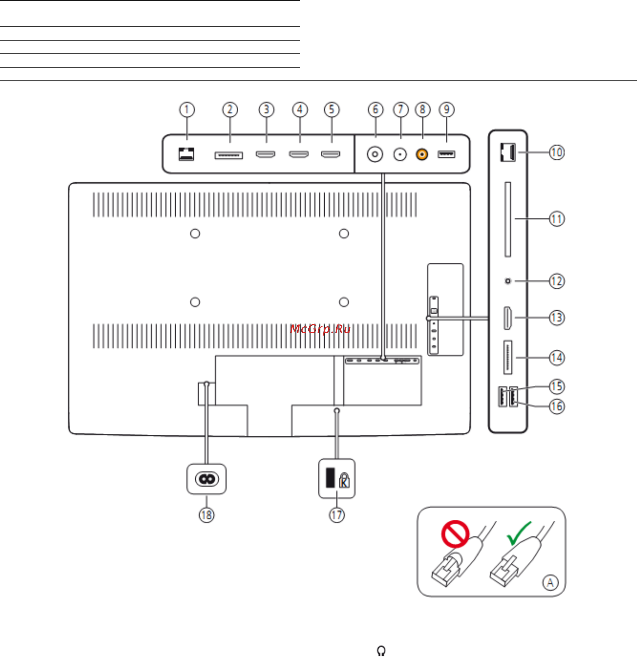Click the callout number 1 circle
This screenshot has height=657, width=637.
[187, 110]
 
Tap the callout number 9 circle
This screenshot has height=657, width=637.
[447, 110]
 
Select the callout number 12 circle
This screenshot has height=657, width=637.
[557, 281]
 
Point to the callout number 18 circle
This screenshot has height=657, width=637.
[206, 515]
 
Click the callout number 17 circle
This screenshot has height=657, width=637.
[337, 515]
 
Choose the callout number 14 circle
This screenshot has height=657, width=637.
[557, 358]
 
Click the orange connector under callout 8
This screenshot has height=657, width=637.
[422, 154]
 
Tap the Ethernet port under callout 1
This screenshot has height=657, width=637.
[186, 154]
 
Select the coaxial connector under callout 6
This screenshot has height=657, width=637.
[375, 154]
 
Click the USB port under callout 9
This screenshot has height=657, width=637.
[446, 154]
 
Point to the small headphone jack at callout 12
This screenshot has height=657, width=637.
[508, 281]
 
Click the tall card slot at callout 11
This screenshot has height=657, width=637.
[508, 220]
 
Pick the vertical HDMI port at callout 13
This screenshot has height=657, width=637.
[508, 318]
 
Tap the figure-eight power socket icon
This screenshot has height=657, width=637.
[206, 479]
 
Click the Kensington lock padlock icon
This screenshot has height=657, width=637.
[344, 480]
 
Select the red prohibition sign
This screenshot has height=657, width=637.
[455, 534]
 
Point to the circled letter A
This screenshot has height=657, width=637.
[550, 583]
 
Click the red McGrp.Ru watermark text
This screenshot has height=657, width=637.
[320, 329]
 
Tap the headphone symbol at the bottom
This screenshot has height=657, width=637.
[381, 651]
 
